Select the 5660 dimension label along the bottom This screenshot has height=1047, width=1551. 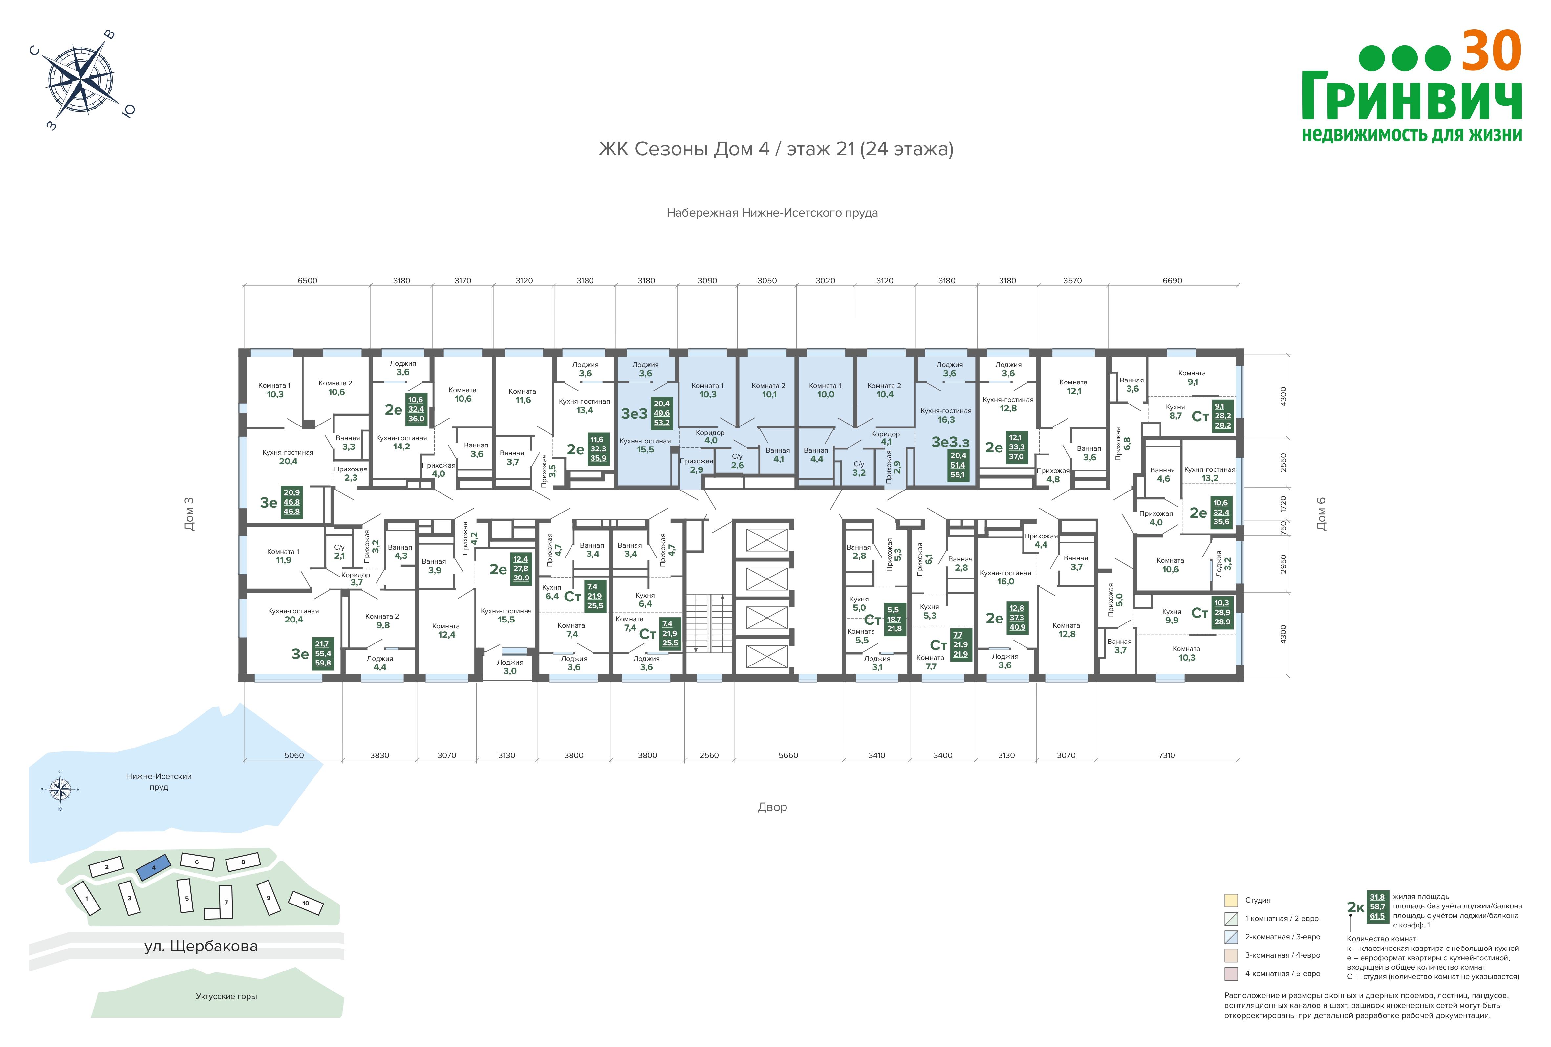[x=788, y=755]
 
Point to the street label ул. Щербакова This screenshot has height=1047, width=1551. [x=201, y=946]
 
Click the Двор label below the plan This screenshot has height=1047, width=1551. [x=772, y=807]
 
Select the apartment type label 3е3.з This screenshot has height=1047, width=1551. [x=950, y=442]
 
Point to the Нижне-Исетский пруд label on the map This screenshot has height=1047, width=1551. [x=159, y=781]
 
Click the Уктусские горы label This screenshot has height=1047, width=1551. [x=226, y=996]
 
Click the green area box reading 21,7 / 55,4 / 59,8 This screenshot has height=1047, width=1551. [x=323, y=653]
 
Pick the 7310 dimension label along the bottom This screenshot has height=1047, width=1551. [x=1167, y=755]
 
